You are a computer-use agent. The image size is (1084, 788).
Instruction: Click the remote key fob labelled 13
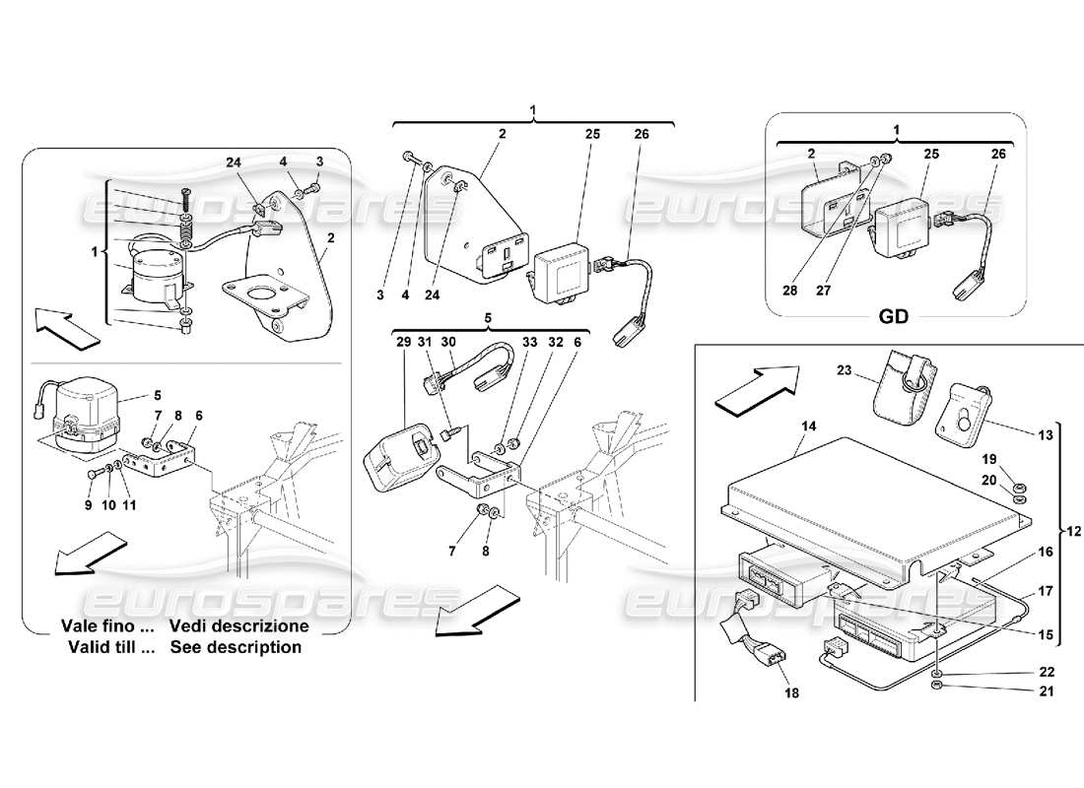point(959,407)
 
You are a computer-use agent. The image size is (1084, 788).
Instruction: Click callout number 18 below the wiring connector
point(792,692)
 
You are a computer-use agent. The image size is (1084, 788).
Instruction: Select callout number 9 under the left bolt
point(88,505)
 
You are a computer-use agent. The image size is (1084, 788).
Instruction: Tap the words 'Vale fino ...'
point(107,625)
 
